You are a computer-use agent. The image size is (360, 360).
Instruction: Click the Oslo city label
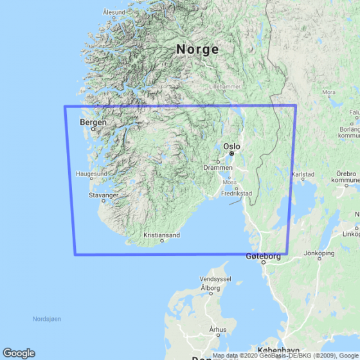pyautogui.click(x=231, y=147)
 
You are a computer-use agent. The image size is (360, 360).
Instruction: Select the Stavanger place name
pyautogui.click(x=103, y=195)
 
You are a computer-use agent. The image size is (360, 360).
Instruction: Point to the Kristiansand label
pyautogui.click(x=162, y=235)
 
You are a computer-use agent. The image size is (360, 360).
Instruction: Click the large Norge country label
pyautogui.click(x=197, y=49)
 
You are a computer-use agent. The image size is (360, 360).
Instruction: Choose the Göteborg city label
pyautogui.click(x=264, y=256)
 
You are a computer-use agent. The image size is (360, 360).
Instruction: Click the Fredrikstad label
pyautogui.click(x=237, y=193)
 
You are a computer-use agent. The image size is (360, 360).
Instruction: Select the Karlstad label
pyautogui.click(x=303, y=174)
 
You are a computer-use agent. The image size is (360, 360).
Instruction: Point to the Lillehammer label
pyautogui.click(x=225, y=86)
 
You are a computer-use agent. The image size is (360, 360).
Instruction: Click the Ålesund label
pyautogui.click(x=114, y=12)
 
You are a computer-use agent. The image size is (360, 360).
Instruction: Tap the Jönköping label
pyautogui.click(x=319, y=253)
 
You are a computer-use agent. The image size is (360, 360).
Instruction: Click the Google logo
pyautogui.click(x=19, y=352)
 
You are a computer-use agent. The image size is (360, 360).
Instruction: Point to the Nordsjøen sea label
pyautogui.click(x=46, y=319)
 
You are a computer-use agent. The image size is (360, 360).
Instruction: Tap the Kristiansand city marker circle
pyautogui.click(x=163, y=241)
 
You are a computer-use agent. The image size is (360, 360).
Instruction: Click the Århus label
pyautogui.click(x=217, y=328)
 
